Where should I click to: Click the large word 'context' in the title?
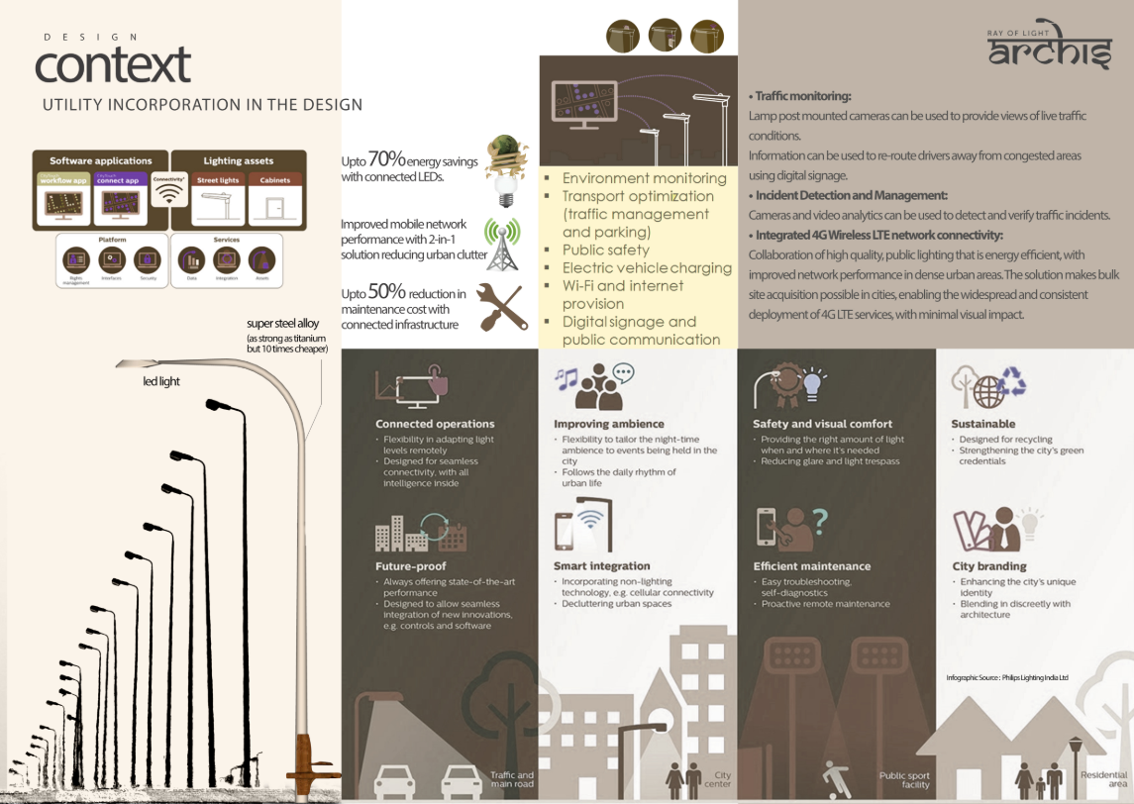tap(113, 65)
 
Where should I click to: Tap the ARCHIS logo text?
tap(1050, 52)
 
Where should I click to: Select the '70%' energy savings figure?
tap(383, 159)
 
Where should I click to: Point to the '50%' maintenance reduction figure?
tap(384, 293)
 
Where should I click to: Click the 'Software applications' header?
tap(100, 160)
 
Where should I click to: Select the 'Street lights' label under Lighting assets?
tap(217, 180)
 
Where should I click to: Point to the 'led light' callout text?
tap(162, 381)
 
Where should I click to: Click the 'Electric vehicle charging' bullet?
tap(647, 267)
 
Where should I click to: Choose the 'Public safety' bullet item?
tap(605, 250)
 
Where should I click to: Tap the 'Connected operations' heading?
tap(435, 424)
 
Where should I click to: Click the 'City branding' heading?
tap(988, 566)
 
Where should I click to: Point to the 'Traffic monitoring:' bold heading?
tap(802, 96)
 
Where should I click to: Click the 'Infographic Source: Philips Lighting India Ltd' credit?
tap(1006, 677)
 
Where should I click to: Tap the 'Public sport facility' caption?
tap(904, 780)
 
